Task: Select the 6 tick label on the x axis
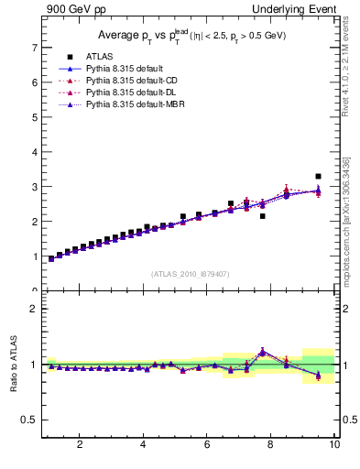pos(207,445)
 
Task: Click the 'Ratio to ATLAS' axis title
pos(13,365)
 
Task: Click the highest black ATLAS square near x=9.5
pos(318,176)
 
